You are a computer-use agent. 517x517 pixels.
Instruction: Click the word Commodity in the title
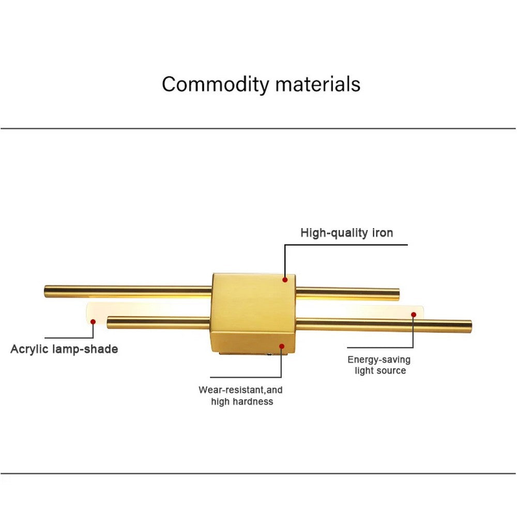(x=216, y=84)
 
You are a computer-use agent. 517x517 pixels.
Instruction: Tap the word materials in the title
(x=317, y=84)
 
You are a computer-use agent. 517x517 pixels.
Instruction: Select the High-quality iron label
(x=346, y=233)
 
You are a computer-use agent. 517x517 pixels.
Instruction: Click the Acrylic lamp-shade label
(x=64, y=349)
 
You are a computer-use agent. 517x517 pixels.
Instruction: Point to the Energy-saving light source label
(x=379, y=365)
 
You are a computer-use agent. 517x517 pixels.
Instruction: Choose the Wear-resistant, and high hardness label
(x=241, y=396)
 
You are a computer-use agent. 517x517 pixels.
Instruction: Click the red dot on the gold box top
(x=285, y=280)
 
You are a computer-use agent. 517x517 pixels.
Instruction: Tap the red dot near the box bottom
(x=282, y=346)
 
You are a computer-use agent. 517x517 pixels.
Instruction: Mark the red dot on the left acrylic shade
(x=93, y=322)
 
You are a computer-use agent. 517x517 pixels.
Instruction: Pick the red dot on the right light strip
(x=414, y=314)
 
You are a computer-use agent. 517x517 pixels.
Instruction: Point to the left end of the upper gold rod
(x=47, y=291)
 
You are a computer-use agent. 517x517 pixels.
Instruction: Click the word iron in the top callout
(x=383, y=233)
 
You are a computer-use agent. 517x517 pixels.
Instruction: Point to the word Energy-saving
(x=379, y=360)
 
